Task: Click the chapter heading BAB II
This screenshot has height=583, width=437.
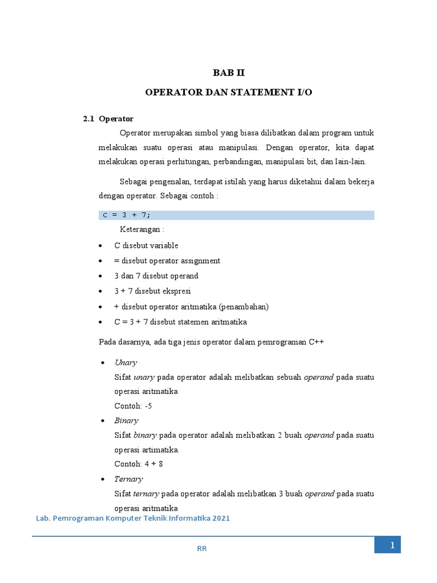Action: click(x=228, y=73)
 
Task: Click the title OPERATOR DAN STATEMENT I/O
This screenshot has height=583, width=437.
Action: click(x=229, y=92)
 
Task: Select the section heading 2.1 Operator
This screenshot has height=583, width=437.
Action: click(x=108, y=119)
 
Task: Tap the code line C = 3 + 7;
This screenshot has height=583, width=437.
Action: click(x=126, y=215)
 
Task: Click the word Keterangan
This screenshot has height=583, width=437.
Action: click(x=142, y=229)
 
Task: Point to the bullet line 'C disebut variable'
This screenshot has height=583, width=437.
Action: click(x=146, y=245)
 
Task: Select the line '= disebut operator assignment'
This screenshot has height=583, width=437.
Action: click(x=167, y=261)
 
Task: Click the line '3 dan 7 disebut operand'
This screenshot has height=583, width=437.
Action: click(x=156, y=276)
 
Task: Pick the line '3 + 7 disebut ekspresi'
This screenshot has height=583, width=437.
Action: click(x=152, y=291)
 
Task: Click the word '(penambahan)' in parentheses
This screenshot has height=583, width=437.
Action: click(x=240, y=307)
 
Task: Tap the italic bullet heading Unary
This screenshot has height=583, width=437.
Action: click(x=125, y=363)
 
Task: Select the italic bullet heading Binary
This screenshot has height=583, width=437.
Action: click(x=126, y=421)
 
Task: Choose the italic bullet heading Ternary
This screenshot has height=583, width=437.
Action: click(x=128, y=479)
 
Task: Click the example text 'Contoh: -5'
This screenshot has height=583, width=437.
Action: click(x=133, y=406)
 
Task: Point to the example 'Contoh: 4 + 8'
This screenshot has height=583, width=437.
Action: click(x=139, y=464)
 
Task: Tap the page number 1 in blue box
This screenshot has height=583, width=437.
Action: click(x=392, y=545)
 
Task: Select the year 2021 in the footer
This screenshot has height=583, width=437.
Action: click(x=219, y=519)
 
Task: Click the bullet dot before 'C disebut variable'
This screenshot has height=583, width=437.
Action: click(x=101, y=246)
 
